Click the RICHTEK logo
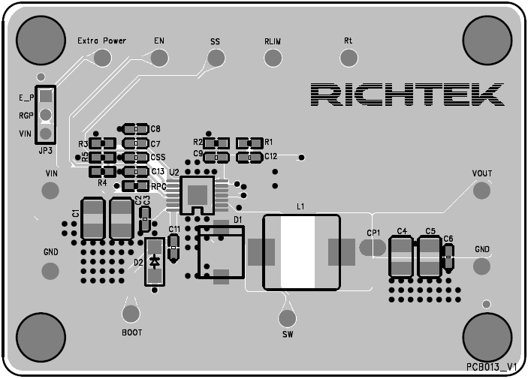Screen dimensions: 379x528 pos(406,95)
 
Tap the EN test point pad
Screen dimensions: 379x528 pos(158,58)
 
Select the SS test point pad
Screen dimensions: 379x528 pos(216,58)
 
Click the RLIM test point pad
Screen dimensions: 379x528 pos(272,58)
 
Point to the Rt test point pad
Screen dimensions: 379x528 pos(348,58)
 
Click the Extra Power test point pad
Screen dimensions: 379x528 pos(101,58)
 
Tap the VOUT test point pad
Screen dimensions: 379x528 pos(481,190)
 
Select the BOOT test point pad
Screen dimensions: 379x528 pos(131,313)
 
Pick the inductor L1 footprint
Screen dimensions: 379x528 pos(300,252)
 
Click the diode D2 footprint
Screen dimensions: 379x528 pos(155,261)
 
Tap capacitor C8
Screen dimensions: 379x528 pos(136,129)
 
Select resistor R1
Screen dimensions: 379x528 pos(249,143)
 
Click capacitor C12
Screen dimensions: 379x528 pos(249,157)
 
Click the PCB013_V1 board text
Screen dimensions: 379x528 pos(492,366)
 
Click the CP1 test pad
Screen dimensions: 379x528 pos(373,247)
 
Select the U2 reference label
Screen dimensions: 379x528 pos(174,173)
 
